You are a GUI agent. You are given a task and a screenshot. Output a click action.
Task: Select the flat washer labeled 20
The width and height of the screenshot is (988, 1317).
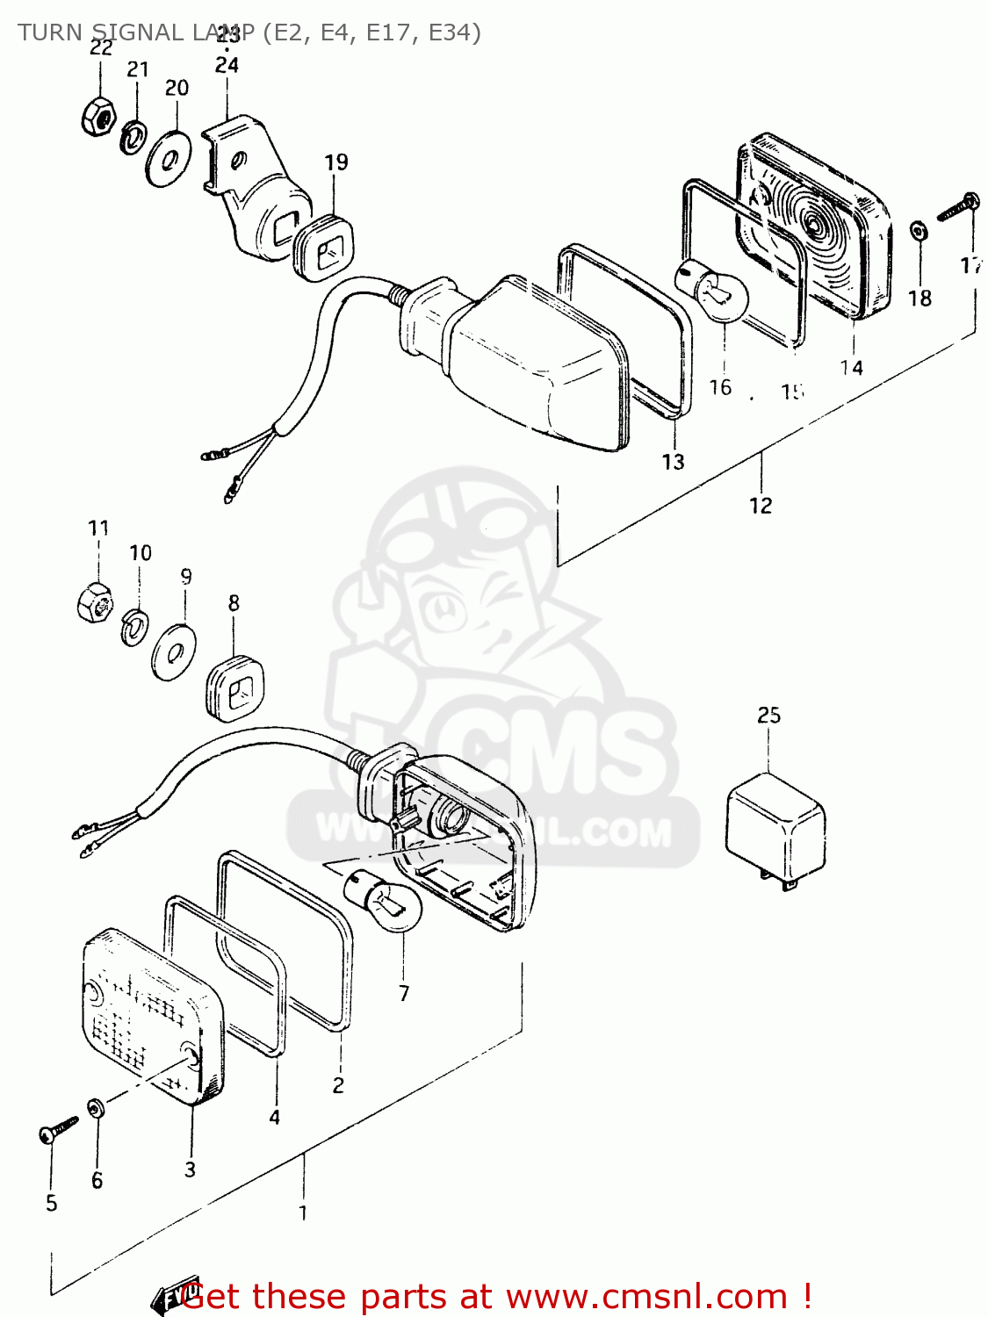coord(169,159)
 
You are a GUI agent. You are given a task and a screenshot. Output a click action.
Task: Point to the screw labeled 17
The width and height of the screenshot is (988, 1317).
coord(958,207)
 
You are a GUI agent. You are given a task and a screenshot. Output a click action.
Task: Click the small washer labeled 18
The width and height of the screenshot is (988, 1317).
coord(919,232)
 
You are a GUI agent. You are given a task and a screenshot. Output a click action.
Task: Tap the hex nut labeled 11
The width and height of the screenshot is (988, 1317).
coord(93,603)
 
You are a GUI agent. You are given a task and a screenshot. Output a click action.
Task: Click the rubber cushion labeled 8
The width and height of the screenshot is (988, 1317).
coord(235,687)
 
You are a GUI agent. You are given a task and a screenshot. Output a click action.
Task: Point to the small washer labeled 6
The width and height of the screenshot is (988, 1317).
coord(95,1108)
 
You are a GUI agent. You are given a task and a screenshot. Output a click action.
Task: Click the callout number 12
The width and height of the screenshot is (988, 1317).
coord(761,506)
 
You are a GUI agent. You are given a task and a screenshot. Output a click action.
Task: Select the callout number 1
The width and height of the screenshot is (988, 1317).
coord(303,1213)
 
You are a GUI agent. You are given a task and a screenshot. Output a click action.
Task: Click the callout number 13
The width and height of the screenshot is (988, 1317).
coord(673,462)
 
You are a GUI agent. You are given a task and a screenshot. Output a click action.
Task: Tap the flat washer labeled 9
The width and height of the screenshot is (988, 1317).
coord(174,651)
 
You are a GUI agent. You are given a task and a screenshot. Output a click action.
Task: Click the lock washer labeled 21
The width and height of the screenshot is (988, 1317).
coord(133,137)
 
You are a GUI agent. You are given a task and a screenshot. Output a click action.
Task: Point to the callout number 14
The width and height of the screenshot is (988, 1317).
coord(851,368)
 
